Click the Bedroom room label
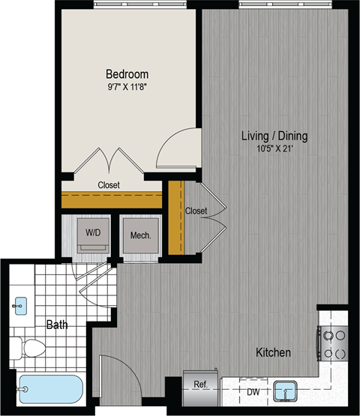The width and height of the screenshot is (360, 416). click(x=127, y=74)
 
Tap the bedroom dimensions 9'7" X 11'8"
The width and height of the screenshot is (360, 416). click(x=127, y=86)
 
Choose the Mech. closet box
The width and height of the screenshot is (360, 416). click(x=140, y=236)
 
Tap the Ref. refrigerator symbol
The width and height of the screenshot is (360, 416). click(x=201, y=385)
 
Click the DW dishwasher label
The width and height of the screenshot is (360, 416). click(x=253, y=391)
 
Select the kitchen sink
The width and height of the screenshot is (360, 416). click(x=286, y=391)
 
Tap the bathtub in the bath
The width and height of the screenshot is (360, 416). click(x=49, y=391)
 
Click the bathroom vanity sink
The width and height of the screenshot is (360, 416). click(x=21, y=305)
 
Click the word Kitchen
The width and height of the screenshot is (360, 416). click(x=273, y=352)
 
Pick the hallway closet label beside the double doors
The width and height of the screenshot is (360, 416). click(x=196, y=211)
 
